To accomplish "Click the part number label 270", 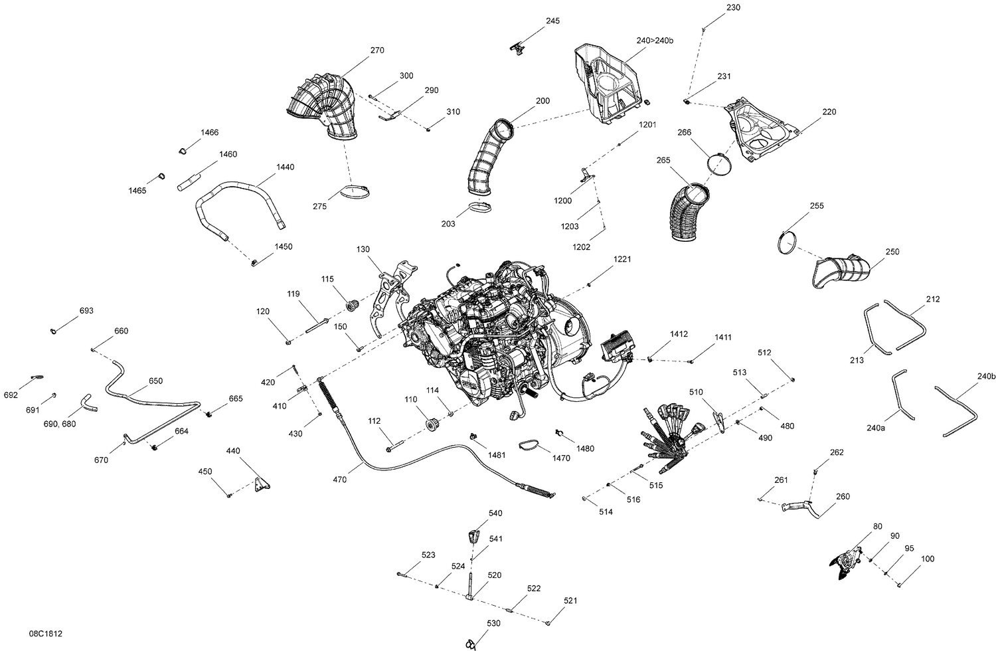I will (377, 50).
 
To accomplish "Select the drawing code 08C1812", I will (46, 635).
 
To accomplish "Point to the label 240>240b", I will (654, 41).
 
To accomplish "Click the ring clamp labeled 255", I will (789, 242).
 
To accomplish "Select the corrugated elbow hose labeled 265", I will (687, 211).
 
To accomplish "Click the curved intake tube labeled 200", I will (490, 158).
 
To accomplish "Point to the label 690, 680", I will (59, 424).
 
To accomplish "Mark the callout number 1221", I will (622, 259).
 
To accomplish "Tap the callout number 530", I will (494, 624).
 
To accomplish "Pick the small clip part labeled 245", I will (518, 46).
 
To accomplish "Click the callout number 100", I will (927, 559).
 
